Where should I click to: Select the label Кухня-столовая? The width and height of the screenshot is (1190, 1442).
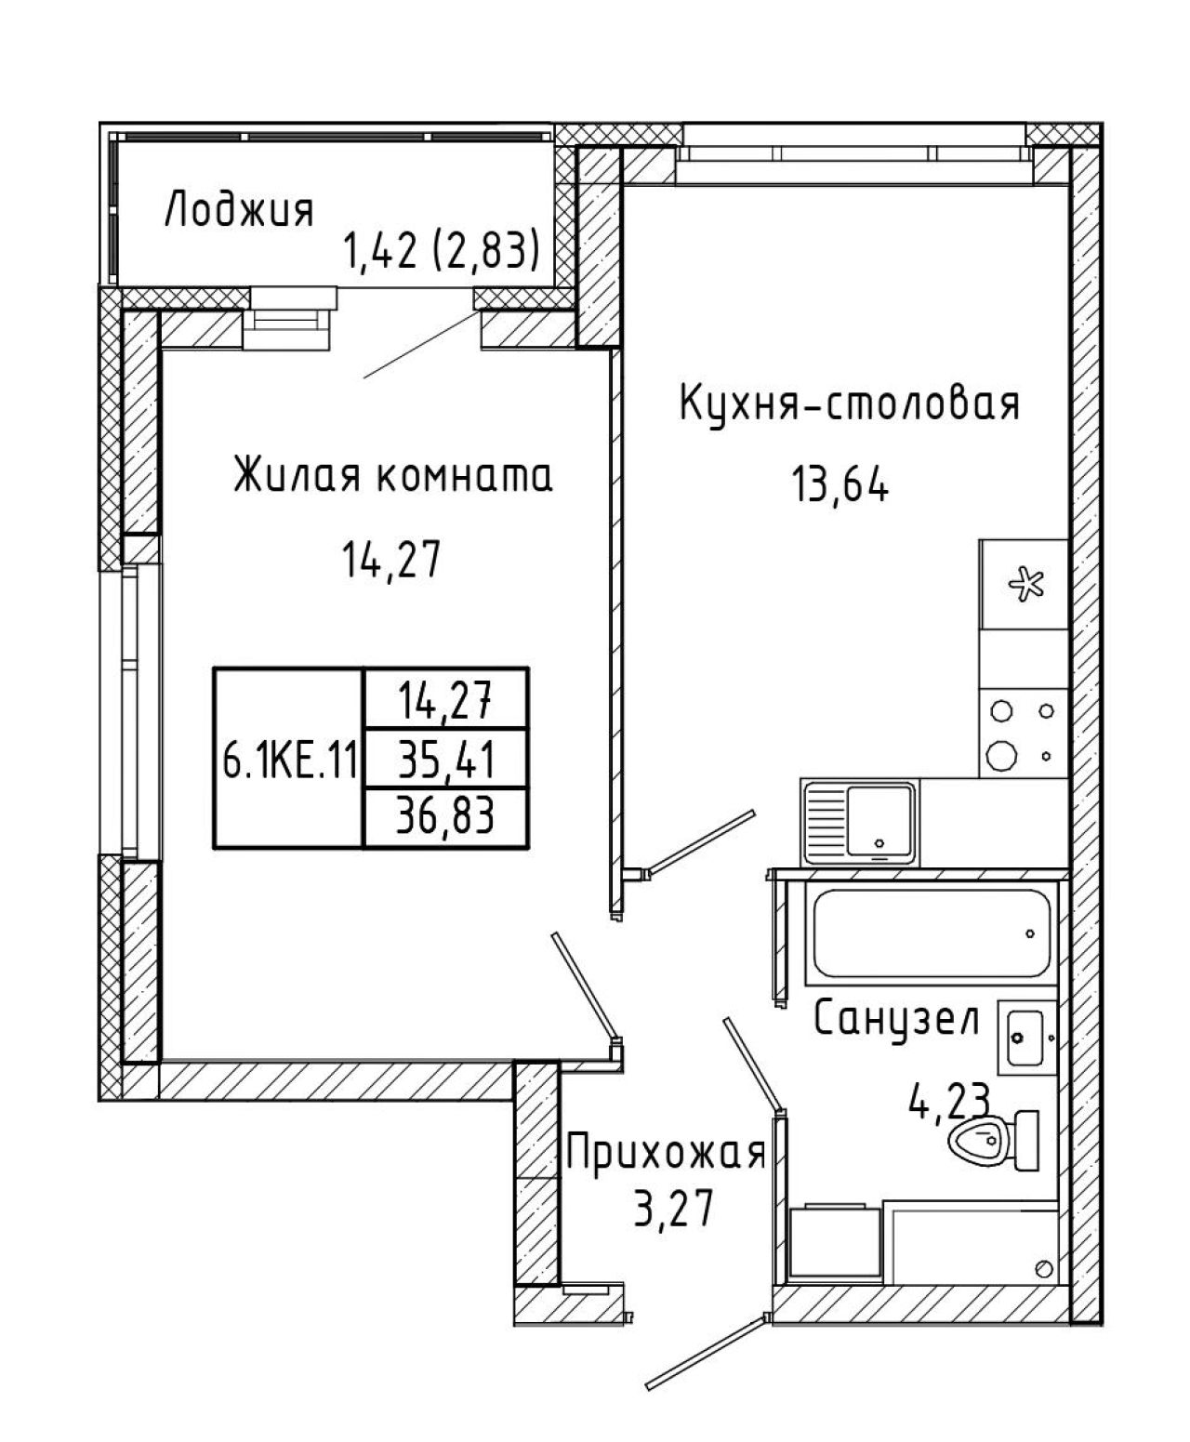pos(850,404)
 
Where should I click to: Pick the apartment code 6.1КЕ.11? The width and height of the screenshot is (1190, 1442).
pos(289,762)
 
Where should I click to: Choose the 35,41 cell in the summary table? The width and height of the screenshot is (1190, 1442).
pos(446,761)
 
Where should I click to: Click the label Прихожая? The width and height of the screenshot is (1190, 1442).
pos(666,1154)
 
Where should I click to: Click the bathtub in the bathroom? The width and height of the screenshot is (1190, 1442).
pos(932,933)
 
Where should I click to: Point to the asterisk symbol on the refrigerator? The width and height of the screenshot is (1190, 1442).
pos(1026,584)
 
